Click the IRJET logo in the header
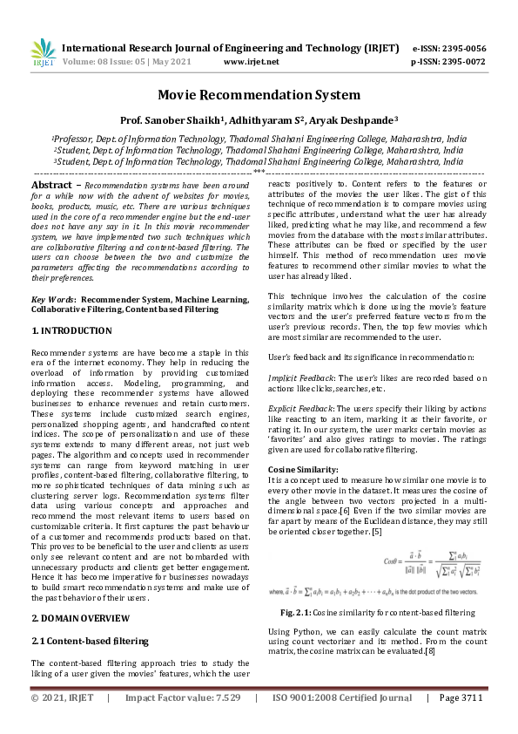[x=44, y=53]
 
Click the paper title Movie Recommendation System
[x=259, y=94]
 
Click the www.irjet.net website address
[x=252, y=62]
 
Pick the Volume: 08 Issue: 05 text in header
[x=105, y=62]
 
